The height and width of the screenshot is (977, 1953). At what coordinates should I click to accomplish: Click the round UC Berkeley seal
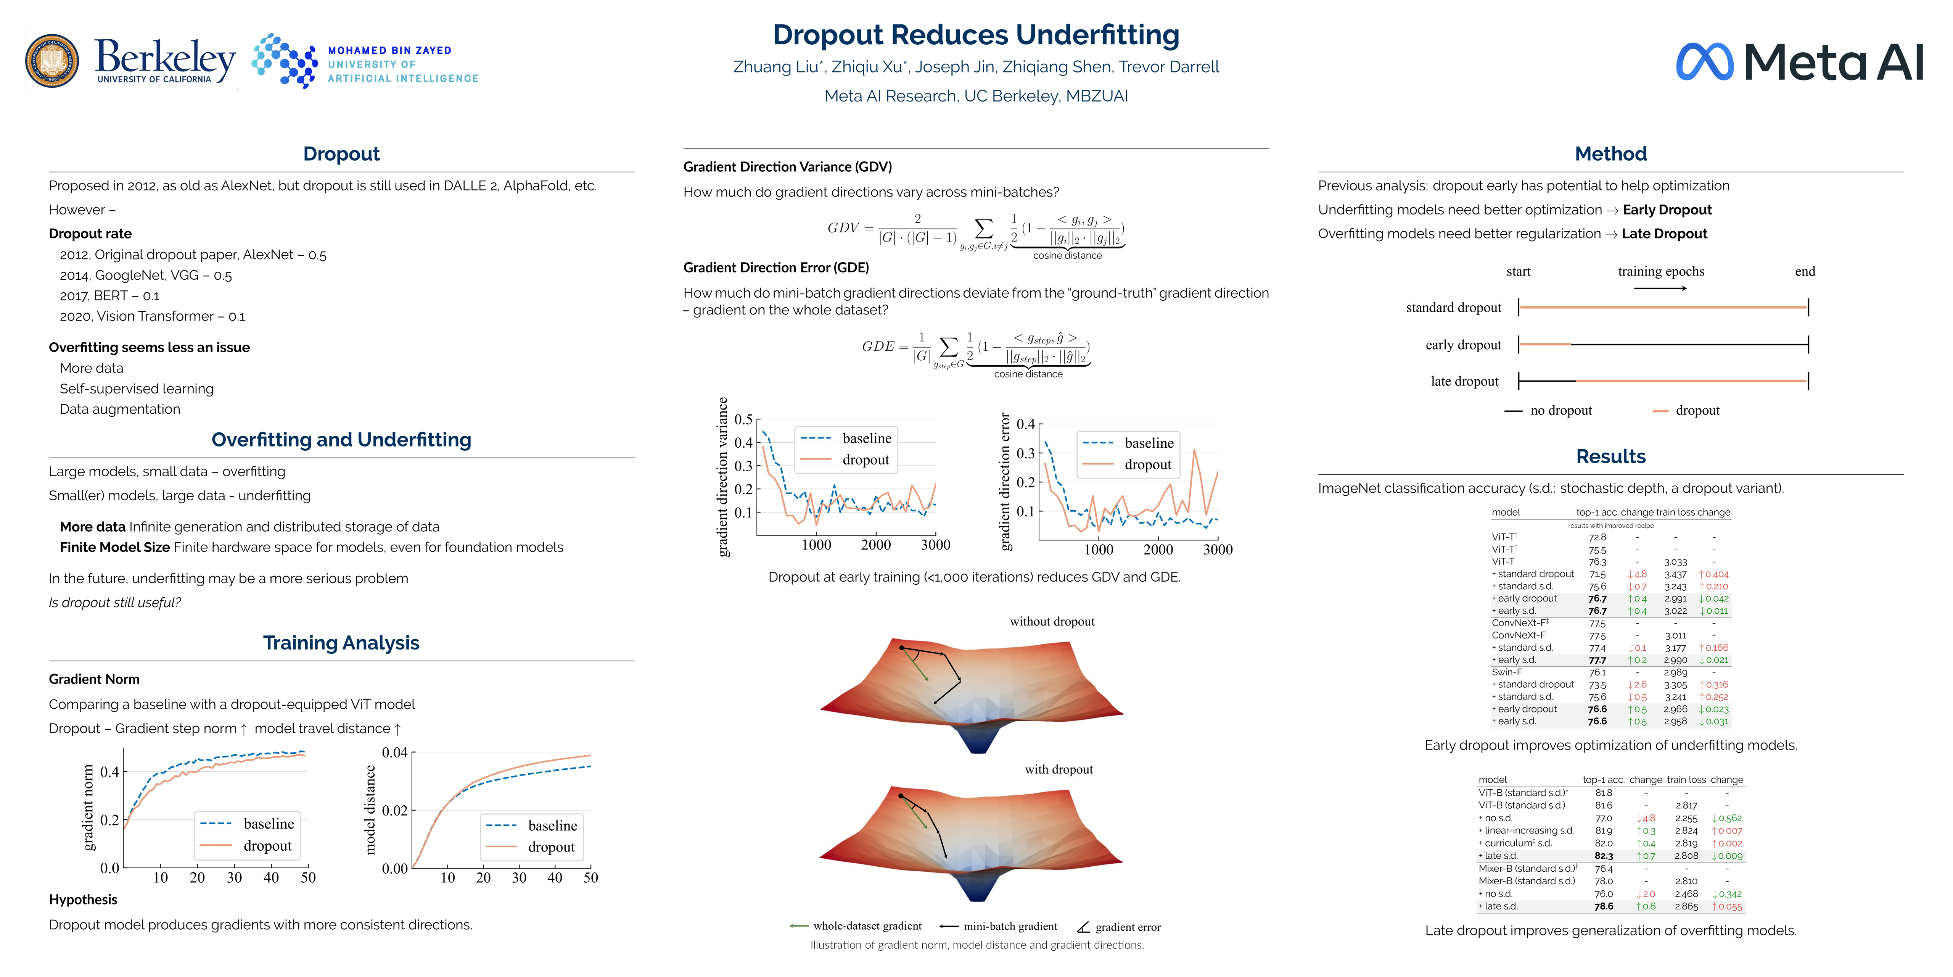(x=51, y=61)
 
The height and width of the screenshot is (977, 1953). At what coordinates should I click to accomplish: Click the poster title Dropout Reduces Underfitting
(x=976, y=35)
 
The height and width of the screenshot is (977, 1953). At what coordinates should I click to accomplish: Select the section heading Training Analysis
(x=341, y=642)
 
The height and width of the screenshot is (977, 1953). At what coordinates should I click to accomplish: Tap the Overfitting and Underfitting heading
(x=341, y=440)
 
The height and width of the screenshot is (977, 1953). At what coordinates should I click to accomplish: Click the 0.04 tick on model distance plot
(x=394, y=753)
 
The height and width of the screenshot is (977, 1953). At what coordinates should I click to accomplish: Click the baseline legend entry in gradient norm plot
(x=269, y=824)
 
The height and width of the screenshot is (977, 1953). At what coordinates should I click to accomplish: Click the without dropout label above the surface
(x=1052, y=621)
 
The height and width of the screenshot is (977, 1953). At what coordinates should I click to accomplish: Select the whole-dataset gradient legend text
(x=867, y=926)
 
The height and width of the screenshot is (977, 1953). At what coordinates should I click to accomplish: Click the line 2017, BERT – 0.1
(x=110, y=296)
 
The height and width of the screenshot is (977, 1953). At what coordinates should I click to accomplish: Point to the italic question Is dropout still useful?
(x=114, y=602)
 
